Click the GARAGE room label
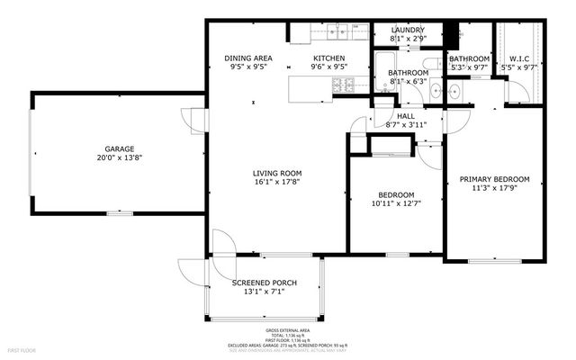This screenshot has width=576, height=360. pos(119,148)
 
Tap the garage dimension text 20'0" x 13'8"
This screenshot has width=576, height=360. pos(119,158)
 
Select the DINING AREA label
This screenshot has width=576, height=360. pos(247,57)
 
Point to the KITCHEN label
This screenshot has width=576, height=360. pos(328,57)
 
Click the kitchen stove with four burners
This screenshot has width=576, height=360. pos(343,86)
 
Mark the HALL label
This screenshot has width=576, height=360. pos(406,116)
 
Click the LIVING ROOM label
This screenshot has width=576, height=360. pos(276,173)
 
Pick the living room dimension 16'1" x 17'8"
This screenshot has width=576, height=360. pos(276,183)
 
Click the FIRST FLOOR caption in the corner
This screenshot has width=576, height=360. pos(22,348)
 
